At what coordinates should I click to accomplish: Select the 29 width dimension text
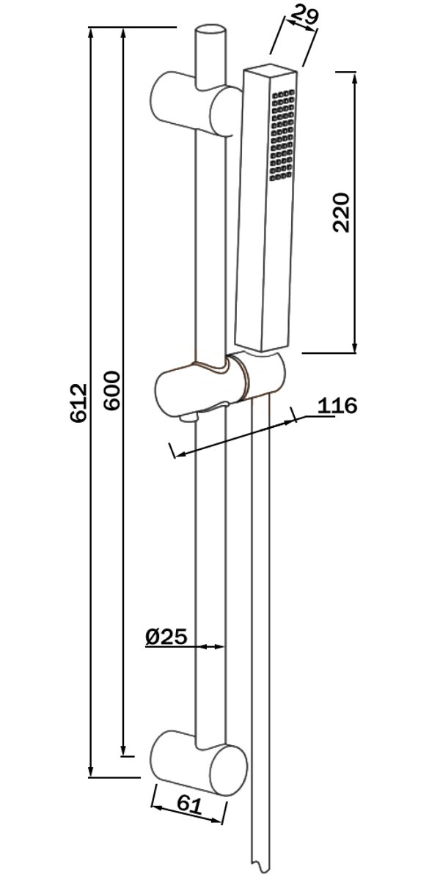click(303, 15)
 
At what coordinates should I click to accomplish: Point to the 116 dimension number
click(337, 406)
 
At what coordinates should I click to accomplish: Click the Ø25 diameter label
click(166, 637)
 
